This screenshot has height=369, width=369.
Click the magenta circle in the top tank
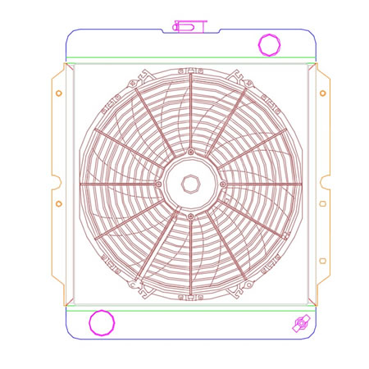tap(268, 44)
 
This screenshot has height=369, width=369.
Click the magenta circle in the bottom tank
tap(102, 322)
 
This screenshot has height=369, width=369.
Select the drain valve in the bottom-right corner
tap(298, 326)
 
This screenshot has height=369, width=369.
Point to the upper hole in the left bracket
tap(58, 93)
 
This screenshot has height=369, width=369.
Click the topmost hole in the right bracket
tap(323, 93)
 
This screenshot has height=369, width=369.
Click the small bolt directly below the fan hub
tap(190, 216)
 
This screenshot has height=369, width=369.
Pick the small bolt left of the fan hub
tap(157, 184)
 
